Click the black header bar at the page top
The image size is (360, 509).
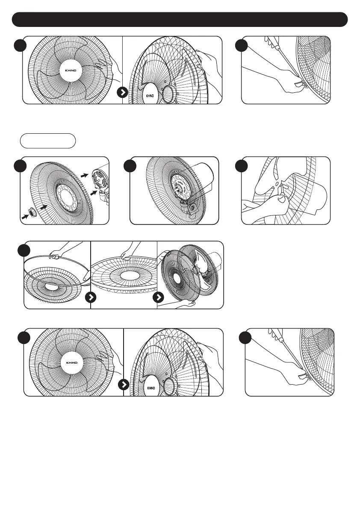(180, 19)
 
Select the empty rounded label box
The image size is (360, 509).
(48, 141)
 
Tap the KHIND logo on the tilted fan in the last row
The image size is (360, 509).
(151, 388)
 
